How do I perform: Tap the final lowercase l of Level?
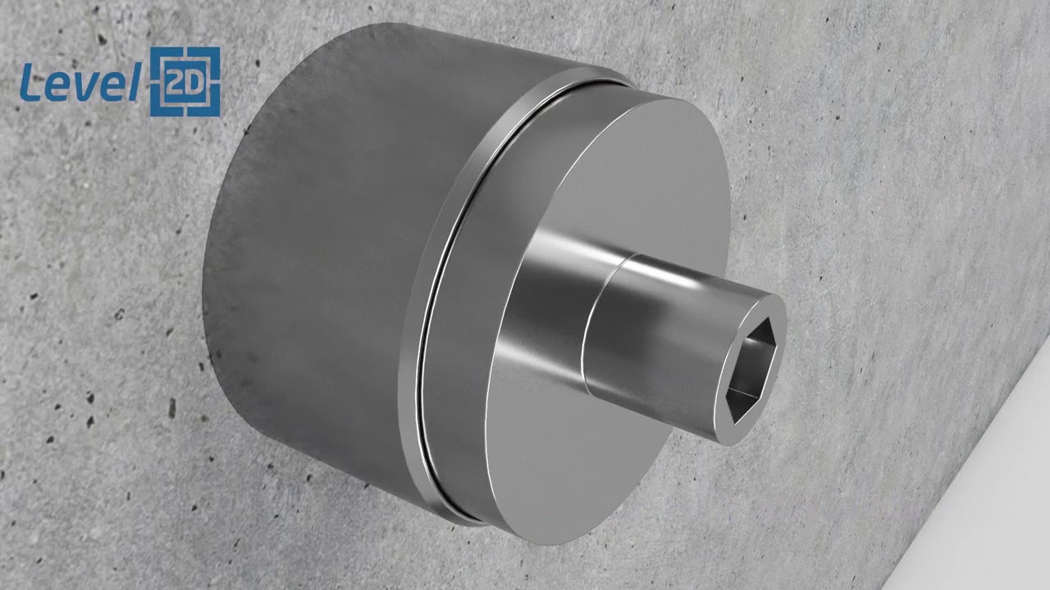click(x=133, y=82)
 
